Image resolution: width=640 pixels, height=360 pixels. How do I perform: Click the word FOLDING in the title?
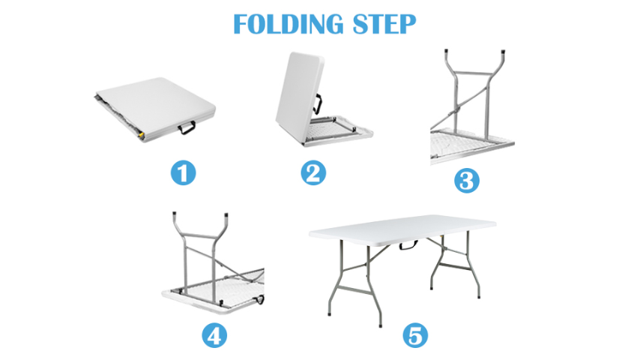tap(289, 24)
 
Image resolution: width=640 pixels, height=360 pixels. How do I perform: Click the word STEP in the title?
tap(384, 24)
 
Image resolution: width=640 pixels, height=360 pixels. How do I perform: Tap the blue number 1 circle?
tap(184, 172)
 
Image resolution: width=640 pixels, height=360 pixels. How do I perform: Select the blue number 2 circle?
tap(313, 172)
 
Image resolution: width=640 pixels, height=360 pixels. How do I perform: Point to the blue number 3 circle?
tap(467, 180)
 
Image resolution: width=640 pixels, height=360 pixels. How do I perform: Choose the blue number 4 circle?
tap(214, 336)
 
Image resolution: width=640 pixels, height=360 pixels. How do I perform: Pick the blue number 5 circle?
tap(415, 336)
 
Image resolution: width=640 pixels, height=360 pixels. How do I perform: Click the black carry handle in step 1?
tap(187, 127)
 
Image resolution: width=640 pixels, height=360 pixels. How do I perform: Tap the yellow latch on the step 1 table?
tap(141, 134)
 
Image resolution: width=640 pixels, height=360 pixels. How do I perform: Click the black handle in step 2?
tap(318, 104)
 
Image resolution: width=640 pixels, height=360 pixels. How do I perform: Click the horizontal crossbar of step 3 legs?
tap(471, 74)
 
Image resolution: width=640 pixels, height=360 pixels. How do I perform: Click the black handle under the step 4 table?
tap(259, 300)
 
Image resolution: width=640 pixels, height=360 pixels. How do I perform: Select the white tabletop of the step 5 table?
tap(402, 230)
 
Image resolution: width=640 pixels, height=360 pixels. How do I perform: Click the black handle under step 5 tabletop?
tap(408, 245)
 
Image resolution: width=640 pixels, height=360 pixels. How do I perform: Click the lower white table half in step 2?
tap(339, 131)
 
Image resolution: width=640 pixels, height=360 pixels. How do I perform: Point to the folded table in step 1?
tap(156, 109)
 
